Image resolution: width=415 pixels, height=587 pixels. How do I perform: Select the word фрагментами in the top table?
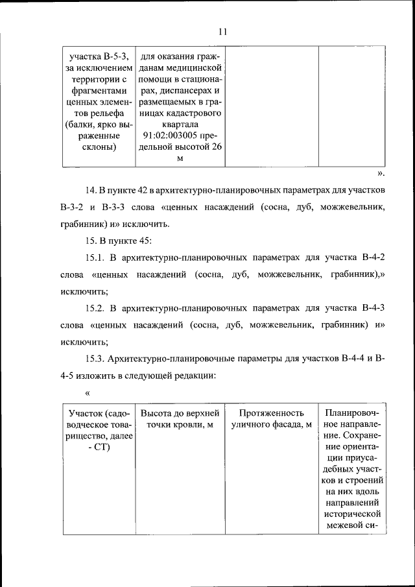point(98,91)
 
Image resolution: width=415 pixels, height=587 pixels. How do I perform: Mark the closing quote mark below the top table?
point(381,174)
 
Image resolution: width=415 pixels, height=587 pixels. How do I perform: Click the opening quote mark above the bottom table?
point(87,392)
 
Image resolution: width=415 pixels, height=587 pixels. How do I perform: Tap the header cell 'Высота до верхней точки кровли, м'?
point(179,418)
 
